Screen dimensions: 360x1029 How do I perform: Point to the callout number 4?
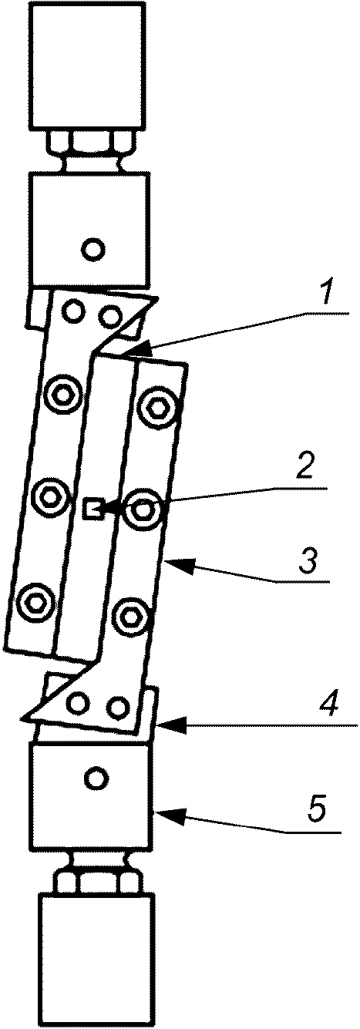(x=328, y=701)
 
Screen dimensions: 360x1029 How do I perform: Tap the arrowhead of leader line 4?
(x=171, y=726)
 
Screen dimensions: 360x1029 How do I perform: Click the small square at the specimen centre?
(x=92, y=509)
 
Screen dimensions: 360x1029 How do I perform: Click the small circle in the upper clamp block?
(x=94, y=250)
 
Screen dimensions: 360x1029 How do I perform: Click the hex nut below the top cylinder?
(x=91, y=142)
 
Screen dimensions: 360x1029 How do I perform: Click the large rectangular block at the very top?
(x=89, y=66)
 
